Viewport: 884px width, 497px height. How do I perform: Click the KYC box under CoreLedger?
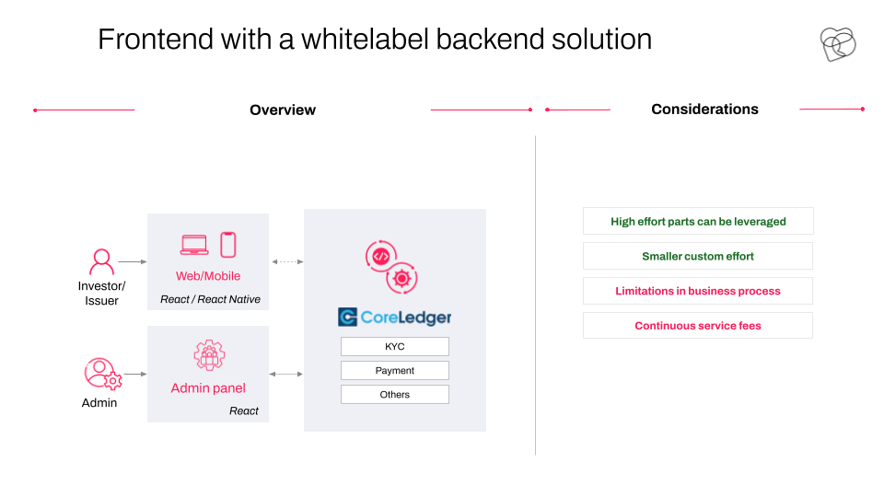395,347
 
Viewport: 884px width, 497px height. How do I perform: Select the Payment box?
395,370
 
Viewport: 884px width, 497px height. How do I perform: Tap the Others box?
395,395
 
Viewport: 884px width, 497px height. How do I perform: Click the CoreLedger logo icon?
347,318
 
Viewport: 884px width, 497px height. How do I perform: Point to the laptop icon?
194,245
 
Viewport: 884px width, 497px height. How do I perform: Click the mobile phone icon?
227,245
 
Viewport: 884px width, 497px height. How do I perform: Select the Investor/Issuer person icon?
101,261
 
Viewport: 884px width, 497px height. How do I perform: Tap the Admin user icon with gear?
103,374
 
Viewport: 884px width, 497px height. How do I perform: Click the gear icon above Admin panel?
209,355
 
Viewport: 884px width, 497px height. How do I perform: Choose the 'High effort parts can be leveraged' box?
698,221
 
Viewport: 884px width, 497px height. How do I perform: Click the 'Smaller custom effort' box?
698,256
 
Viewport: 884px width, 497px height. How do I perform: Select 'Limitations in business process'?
698,291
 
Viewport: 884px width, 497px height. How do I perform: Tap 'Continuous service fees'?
698,325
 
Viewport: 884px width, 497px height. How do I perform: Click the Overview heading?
283,110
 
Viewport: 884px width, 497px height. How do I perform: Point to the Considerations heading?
704,109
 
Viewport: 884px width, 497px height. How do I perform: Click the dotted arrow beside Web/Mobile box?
287,261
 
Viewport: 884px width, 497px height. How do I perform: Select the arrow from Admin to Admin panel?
135,374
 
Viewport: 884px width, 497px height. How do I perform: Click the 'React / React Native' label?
210,299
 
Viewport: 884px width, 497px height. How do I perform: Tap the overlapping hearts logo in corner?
838,44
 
